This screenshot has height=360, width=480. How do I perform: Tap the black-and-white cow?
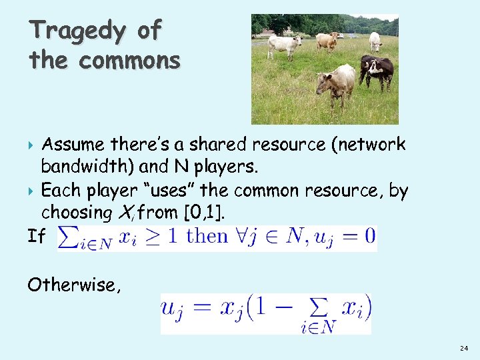tap(377, 69)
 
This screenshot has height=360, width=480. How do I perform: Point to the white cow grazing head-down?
tap(375, 41)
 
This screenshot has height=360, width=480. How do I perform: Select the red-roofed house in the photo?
tap(267, 32)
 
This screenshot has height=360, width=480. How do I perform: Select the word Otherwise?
tap(72, 285)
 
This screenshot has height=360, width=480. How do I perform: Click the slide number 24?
tap(464, 349)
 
